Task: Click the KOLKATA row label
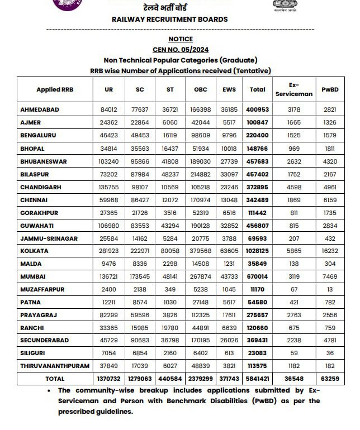[34, 251]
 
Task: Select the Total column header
[257, 89]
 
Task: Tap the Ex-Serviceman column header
[293, 89]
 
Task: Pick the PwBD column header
[330, 89]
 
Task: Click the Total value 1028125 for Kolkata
[257, 251]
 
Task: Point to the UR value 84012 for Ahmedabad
[108, 110]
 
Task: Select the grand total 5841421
[257, 379]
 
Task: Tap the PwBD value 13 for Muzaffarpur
[330, 289]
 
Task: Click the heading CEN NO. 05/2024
[180, 50]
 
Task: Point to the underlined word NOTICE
[180, 39]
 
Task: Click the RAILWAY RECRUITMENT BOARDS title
[169, 19]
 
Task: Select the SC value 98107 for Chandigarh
[140, 187]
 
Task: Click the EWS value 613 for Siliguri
[229, 353]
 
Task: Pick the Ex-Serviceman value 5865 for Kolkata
[293, 251]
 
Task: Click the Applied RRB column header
[55, 89]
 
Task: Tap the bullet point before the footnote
[50, 390]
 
